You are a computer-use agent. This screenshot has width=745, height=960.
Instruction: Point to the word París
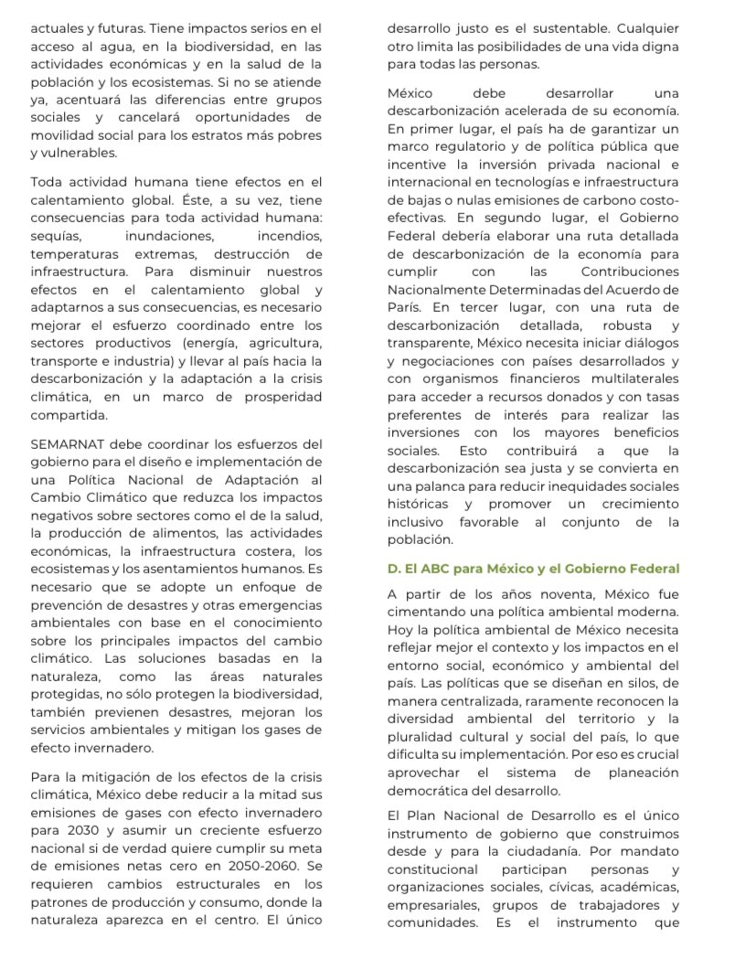pyautogui.click(x=404, y=307)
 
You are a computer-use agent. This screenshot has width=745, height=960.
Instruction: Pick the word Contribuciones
pyautogui.click(x=630, y=272)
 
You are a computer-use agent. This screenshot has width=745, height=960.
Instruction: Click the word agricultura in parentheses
pyautogui.click(x=282, y=342)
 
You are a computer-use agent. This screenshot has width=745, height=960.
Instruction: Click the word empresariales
pyautogui.click(x=431, y=904)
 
